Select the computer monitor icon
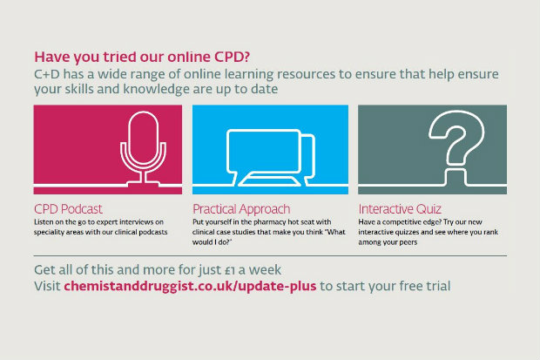[263, 152]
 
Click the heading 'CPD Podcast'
[68, 209]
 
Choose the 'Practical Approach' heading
[241, 209]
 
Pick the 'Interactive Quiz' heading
[400, 209]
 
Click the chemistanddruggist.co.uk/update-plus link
[190, 286]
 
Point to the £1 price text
[230, 270]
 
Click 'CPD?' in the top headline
[232, 57]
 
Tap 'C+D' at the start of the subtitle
[47, 74]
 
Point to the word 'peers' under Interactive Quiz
[408, 242]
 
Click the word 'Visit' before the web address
[47, 286]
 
